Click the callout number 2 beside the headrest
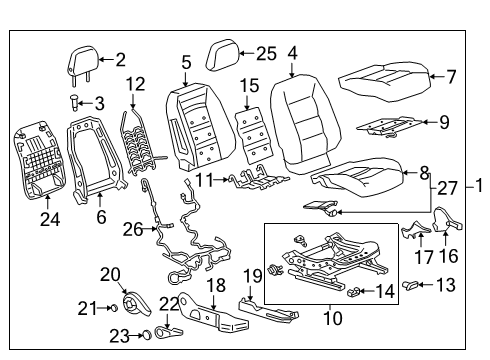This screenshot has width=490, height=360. (120, 59)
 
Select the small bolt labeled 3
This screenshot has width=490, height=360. (74, 101)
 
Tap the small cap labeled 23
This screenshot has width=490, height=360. (145, 334)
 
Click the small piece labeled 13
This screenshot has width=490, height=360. (411, 287)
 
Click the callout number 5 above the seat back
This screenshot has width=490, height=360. (186, 62)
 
